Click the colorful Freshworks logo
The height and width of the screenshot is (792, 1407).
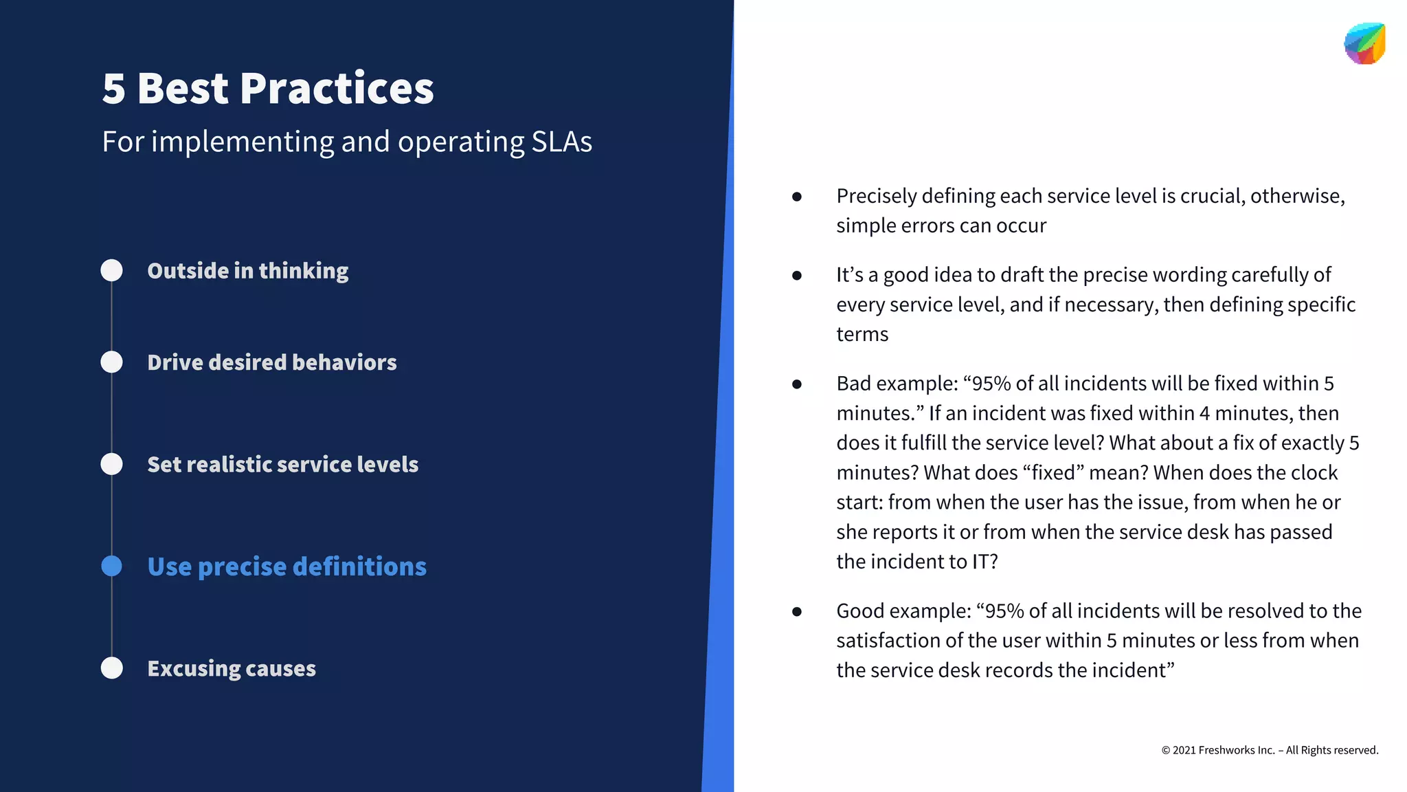coord(1364,44)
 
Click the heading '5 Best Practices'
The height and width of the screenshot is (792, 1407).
coord(268,89)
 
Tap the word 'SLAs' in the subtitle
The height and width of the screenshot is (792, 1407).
coord(561,142)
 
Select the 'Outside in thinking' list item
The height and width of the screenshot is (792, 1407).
coord(247,271)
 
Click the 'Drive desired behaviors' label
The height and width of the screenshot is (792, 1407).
coord(271,362)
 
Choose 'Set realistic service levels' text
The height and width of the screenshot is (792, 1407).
coord(282,465)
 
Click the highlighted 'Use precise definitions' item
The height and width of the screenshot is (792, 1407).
coord(286,566)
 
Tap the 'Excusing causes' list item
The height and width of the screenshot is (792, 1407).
coord(232,668)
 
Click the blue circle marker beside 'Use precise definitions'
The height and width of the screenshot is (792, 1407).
coord(111,566)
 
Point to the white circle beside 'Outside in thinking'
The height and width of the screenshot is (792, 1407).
coord(111,270)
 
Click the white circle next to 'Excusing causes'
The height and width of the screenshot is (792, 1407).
coord(111,668)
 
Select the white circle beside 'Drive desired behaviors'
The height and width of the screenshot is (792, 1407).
coord(111,362)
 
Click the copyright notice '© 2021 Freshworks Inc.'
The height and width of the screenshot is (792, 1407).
coord(1269,750)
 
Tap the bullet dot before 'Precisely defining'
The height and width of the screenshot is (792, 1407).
coord(797,197)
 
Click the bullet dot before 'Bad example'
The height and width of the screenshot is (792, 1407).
coord(797,384)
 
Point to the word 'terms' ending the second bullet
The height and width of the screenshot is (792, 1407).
coord(862,335)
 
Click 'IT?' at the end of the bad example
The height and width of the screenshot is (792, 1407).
coord(984,562)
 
